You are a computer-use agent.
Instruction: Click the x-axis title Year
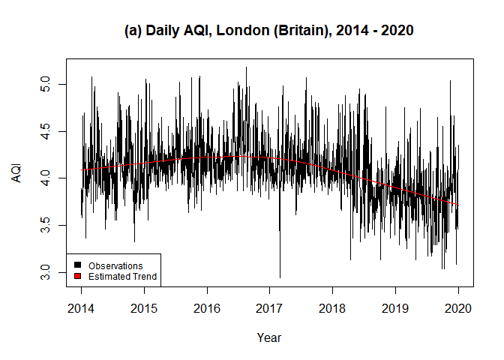coord(269,337)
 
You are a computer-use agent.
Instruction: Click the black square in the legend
coord(77,265)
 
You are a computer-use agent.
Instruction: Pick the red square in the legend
coord(77,277)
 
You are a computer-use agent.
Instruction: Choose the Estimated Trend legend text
coord(122,277)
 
